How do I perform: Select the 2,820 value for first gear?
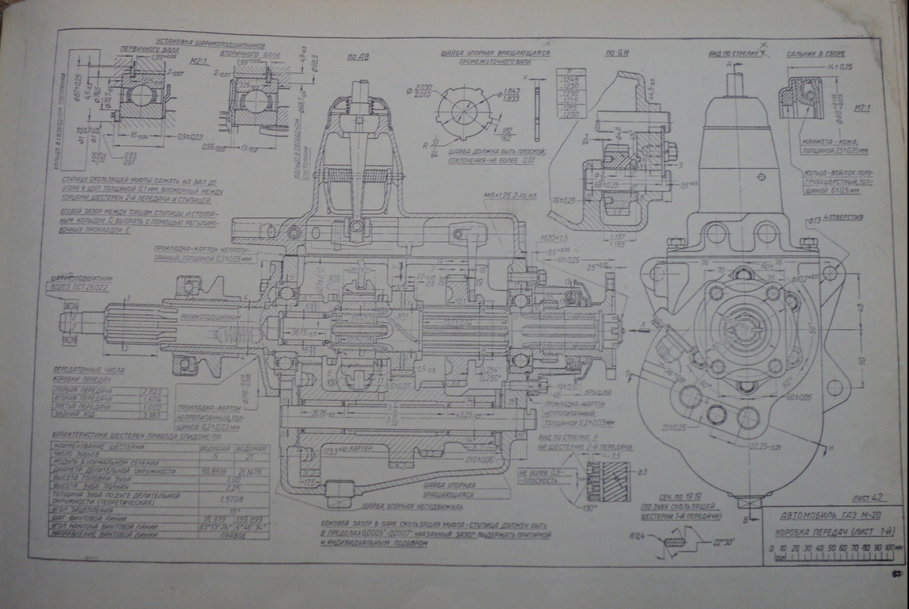151,390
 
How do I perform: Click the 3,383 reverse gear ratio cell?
151,414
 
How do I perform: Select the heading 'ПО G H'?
616,53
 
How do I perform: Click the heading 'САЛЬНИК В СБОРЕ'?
815,54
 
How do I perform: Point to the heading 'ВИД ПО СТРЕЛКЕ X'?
735,54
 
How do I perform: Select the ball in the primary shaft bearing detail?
140,95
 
